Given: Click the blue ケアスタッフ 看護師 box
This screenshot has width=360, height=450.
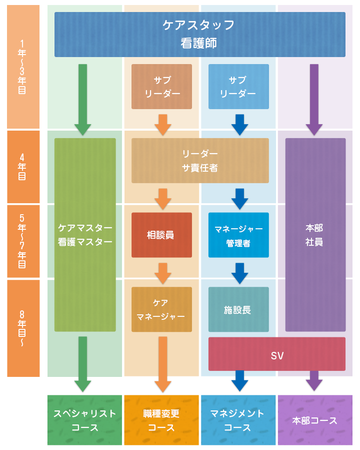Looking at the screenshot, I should tap(199, 35).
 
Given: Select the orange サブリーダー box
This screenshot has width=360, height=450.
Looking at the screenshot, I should tap(161, 87).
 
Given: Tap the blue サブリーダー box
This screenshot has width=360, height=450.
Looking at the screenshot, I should tap(238, 87).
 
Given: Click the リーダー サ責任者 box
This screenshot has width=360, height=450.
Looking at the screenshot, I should tap(199, 160).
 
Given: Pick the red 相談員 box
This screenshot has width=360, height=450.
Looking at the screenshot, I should tap(161, 235).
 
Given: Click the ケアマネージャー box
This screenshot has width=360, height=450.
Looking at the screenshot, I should tap(161, 309).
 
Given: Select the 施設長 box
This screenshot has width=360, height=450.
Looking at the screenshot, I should tap(238, 309).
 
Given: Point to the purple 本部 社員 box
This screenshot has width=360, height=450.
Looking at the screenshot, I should tap(314, 235).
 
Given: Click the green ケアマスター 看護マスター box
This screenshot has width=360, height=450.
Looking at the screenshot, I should tap(85, 235).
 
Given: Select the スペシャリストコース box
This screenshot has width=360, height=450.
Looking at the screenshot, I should tap(84, 420).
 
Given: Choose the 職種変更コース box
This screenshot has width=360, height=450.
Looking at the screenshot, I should tap(161, 420).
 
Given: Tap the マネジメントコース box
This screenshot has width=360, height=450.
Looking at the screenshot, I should tap(237, 420).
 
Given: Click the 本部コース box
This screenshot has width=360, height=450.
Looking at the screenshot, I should tap(315, 420).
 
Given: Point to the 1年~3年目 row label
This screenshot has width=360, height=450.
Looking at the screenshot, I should tap(23, 67).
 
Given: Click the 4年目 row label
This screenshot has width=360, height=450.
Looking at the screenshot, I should tap(23, 167).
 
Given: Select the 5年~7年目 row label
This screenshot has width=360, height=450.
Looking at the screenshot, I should tap(23, 241).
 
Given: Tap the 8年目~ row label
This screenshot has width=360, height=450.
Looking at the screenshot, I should tap(23, 328).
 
